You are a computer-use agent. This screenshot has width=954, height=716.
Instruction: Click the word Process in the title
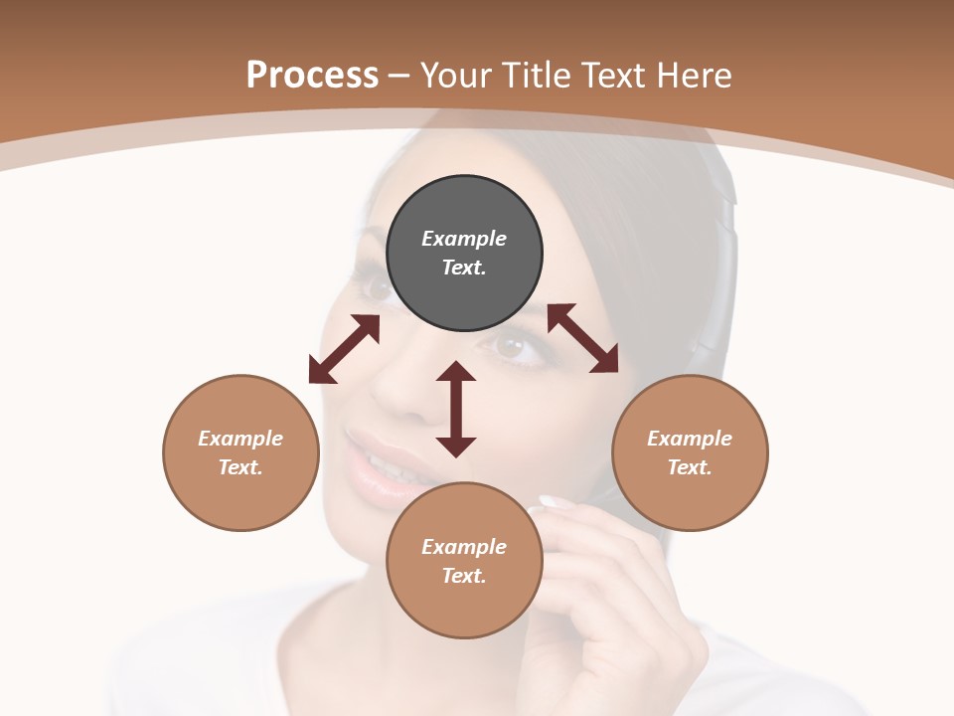click(x=312, y=76)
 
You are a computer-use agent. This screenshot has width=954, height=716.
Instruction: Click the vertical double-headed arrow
click(x=456, y=409)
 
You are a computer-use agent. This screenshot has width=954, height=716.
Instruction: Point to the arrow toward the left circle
click(x=344, y=349)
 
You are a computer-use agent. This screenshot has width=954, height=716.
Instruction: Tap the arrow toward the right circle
click(x=583, y=338)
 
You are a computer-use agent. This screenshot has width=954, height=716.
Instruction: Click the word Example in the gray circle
click(x=464, y=239)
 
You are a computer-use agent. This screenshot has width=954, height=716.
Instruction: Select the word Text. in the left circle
click(x=240, y=467)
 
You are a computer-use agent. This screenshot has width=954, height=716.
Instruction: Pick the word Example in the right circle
click(x=690, y=439)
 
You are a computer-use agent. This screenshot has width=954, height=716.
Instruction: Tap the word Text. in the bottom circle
click(x=464, y=576)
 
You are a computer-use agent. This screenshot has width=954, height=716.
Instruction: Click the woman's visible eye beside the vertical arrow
click(x=512, y=347)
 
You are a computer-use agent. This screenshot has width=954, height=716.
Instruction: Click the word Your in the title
click(x=458, y=76)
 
